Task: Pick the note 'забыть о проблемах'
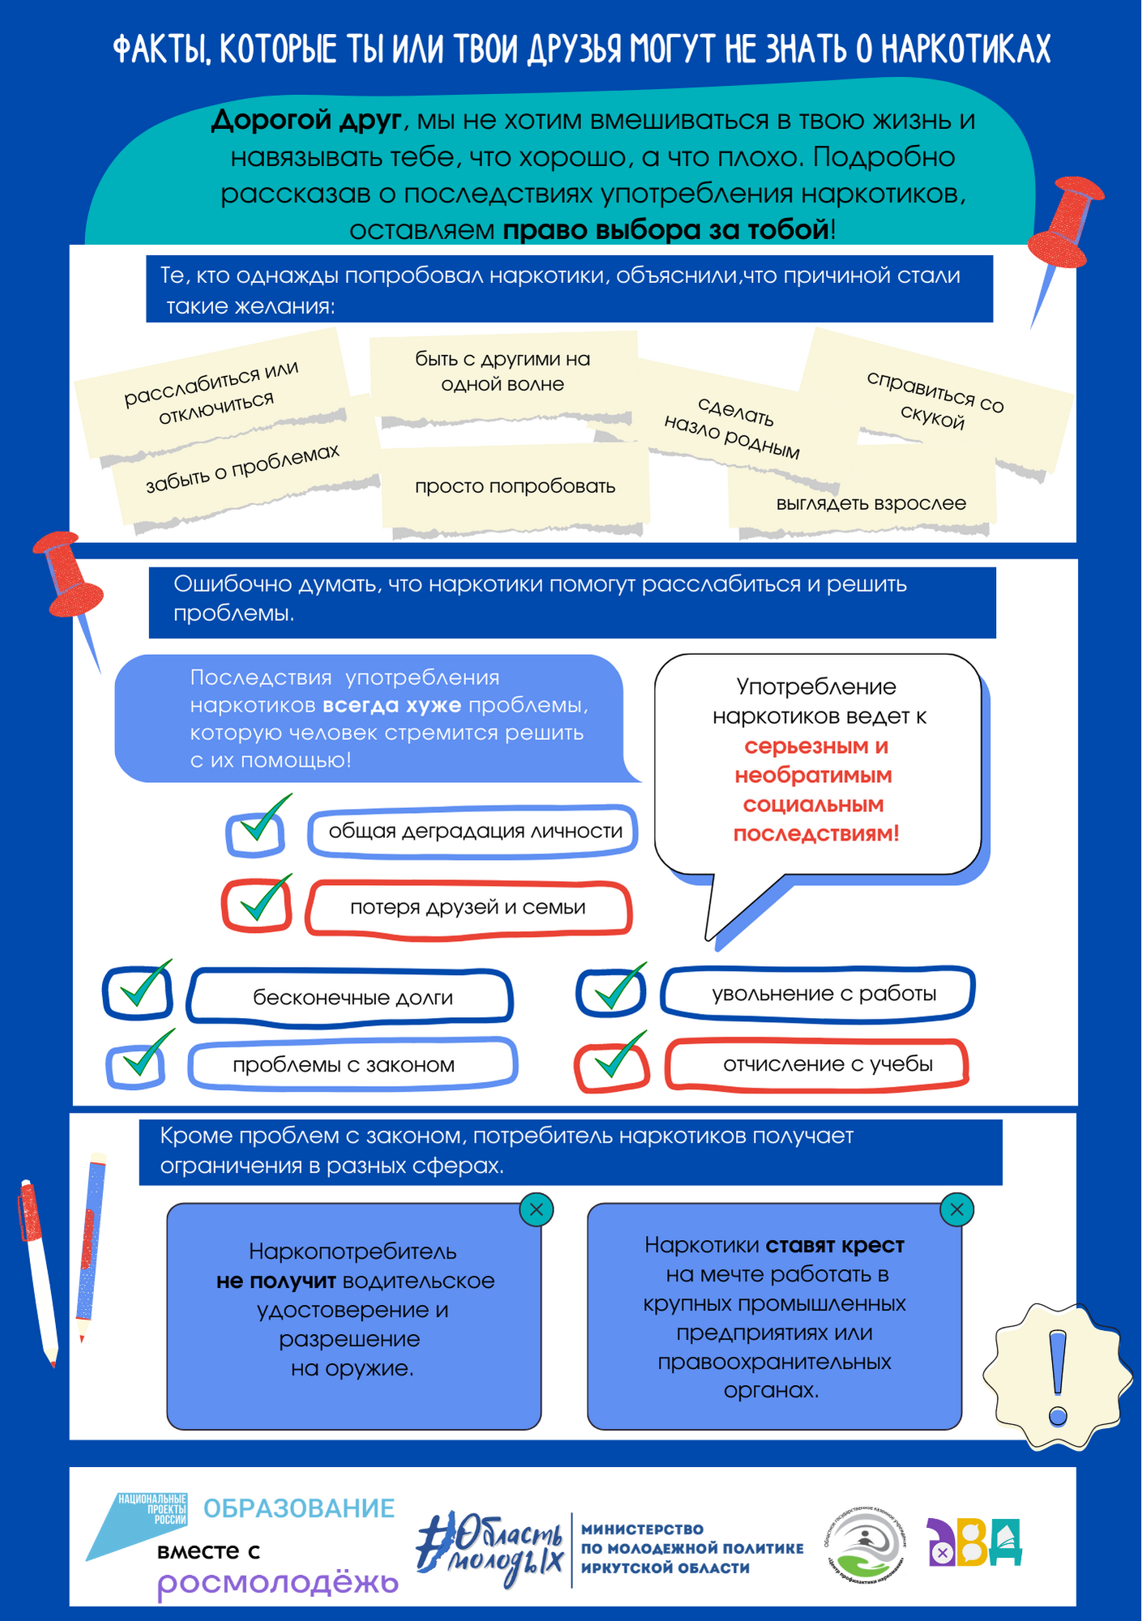tap(242, 469)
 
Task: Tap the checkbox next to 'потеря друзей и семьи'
tap(257, 905)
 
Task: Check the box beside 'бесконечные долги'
tap(138, 992)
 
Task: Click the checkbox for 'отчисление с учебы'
tap(612, 1067)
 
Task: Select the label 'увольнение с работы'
tap(817, 994)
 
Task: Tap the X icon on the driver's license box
tap(536, 1210)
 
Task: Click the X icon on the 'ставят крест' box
tap(956, 1210)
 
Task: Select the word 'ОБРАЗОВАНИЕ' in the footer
tap(298, 1508)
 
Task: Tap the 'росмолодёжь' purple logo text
tap(278, 1582)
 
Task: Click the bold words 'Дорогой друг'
tap(306, 120)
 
